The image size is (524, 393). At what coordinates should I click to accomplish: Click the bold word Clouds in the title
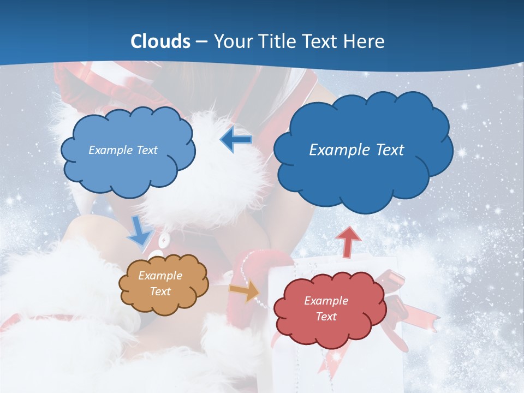160,41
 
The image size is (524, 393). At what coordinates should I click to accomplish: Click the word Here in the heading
365,41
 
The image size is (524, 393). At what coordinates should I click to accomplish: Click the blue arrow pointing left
236,140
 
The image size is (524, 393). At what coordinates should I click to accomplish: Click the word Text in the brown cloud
160,291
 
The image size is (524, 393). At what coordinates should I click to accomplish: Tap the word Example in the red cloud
326,301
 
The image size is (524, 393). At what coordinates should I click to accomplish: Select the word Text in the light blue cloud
147,150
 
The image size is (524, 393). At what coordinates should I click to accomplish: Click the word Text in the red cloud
326,317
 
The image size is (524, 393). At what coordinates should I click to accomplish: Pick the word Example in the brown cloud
160,276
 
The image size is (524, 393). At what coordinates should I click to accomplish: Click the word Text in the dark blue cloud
390,150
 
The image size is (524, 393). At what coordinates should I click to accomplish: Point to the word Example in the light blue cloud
111,150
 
